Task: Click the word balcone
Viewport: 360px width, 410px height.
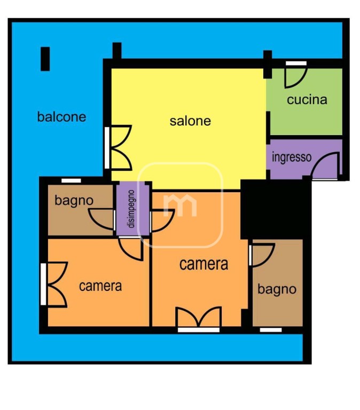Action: pyautogui.click(x=61, y=116)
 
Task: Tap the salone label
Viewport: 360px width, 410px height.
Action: pyautogui.click(x=190, y=121)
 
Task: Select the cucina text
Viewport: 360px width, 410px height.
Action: pyautogui.click(x=307, y=100)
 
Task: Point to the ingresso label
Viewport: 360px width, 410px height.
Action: pyautogui.click(x=292, y=157)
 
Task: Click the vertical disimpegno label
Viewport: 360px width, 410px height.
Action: pyautogui.click(x=131, y=209)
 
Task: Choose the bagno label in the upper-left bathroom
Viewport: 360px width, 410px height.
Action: pyautogui.click(x=74, y=201)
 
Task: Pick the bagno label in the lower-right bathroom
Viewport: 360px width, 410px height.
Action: pyautogui.click(x=277, y=289)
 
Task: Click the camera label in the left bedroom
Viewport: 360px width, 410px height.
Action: pyautogui.click(x=100, y=286)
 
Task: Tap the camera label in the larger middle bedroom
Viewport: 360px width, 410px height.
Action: pyautogui.click(x=204, y=264)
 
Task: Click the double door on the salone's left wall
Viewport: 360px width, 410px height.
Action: pyautogui.click(x=119, y=148)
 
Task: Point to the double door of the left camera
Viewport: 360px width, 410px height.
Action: pyautogui.click(x=56, y=284)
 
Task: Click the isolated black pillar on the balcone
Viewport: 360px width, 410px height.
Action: pyautogui.click(x=45, y=59)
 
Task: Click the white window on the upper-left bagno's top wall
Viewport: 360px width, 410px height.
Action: pyautogui.click(x=71, y=180)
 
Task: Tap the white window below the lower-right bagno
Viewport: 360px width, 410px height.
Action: pyautogui.click(x=271, y=330)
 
